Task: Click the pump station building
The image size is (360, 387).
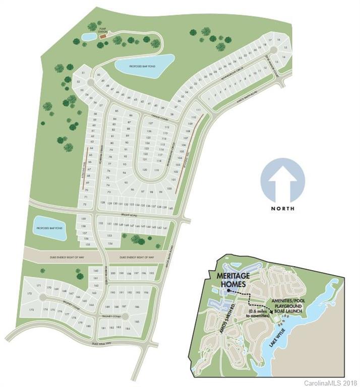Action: pyautogui.click(x=103, y=37)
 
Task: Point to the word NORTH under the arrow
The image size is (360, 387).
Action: pyautogui.click(x=283, y=208)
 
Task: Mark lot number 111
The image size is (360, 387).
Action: pyautogui.click(x=198, y=110)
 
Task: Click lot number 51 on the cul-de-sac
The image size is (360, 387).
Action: pyautogui.click(x=82, y=74)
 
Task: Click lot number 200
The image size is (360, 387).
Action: pyautogui.click(x=113, y=274)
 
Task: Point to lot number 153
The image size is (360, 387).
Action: pyautogui.click(x=109, y=235)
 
